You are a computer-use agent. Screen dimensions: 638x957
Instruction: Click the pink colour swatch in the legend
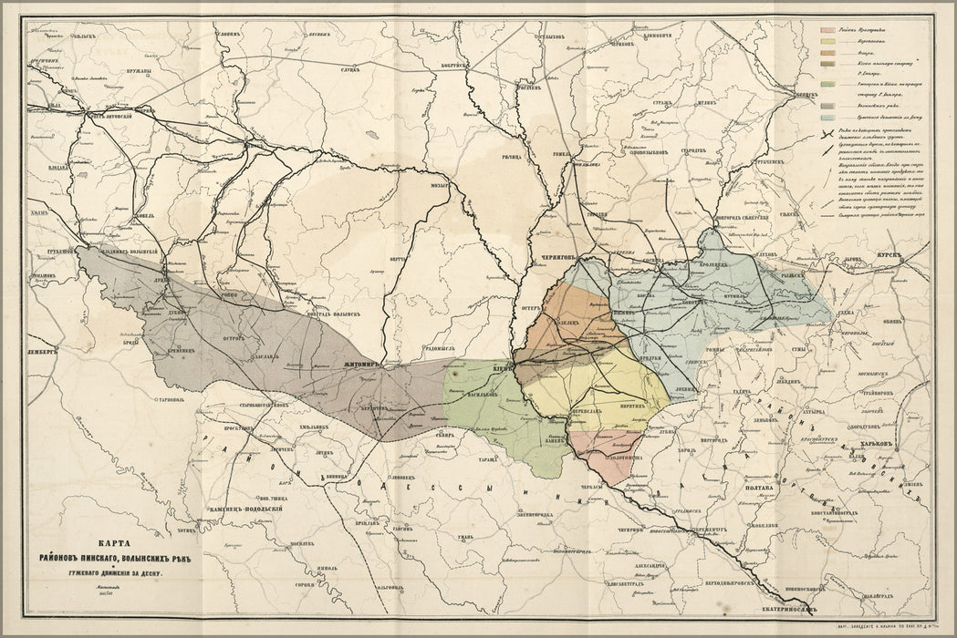tap(828, 30)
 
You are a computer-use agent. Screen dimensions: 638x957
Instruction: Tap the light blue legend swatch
tap(828, 118)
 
